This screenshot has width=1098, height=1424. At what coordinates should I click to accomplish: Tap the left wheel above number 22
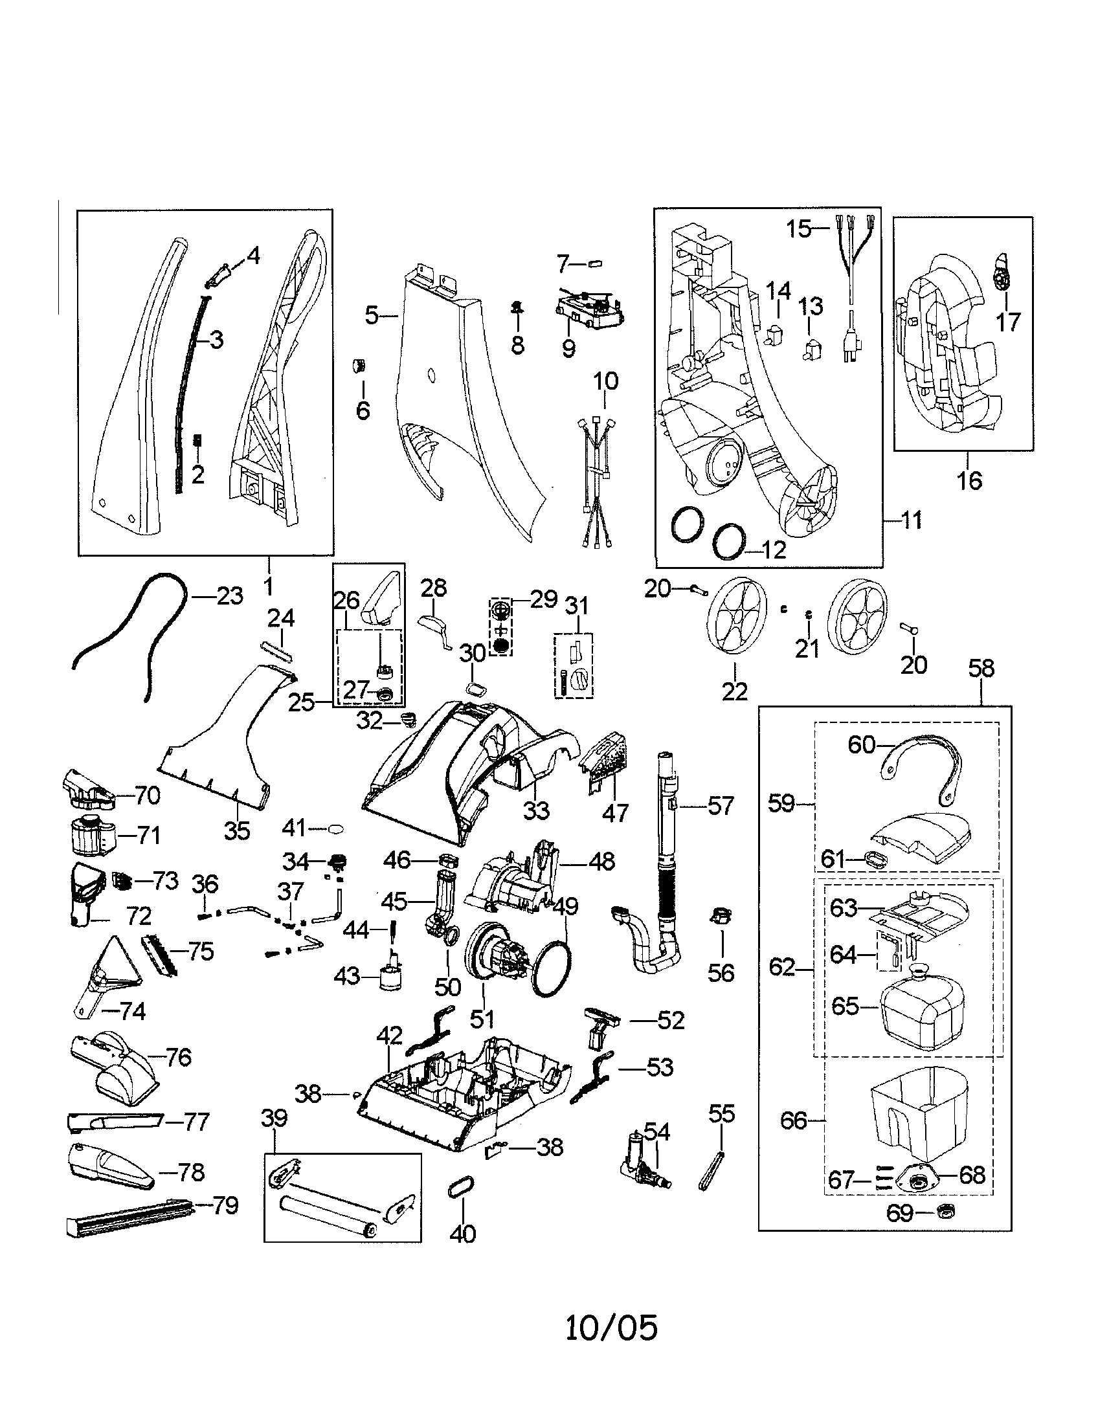click(x=735, y=615)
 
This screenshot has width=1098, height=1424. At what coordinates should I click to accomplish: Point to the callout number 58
click(x=981, y=669)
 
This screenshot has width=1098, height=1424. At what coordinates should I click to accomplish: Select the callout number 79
click(x=225, y=1206)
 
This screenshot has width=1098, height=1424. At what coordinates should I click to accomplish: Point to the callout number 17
click(x=1008, y=322)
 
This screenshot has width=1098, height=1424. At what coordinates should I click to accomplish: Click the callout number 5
click(x=372, y=317)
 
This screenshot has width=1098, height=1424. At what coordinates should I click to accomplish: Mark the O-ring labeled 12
click(x=729, y=541)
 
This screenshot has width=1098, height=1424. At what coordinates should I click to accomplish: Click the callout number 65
click(x=846, y=1006)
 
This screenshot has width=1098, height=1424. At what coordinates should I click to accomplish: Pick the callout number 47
click(x=615, y=812)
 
